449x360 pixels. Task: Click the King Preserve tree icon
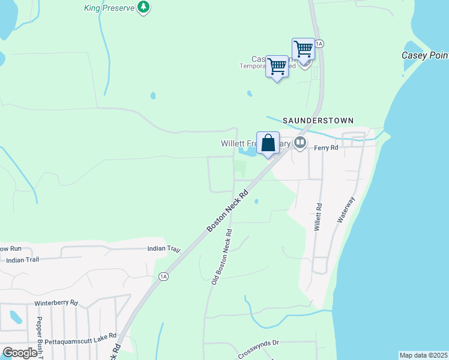tap(143, 8)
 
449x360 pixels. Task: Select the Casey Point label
tap(424, 56)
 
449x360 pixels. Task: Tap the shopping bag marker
tap(268, 143)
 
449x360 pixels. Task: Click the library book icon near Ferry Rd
tap(300, 143)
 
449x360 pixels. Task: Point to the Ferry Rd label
tap(324, 147)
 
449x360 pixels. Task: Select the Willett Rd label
tap(318, 217)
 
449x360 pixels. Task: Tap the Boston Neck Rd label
tap(228, 212)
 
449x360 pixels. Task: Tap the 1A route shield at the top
tap(319, 44)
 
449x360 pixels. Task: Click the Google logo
tap(20, 353)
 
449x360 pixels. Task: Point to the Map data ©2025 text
tap(423, 355)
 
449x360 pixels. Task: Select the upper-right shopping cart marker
tap(304, 49)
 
